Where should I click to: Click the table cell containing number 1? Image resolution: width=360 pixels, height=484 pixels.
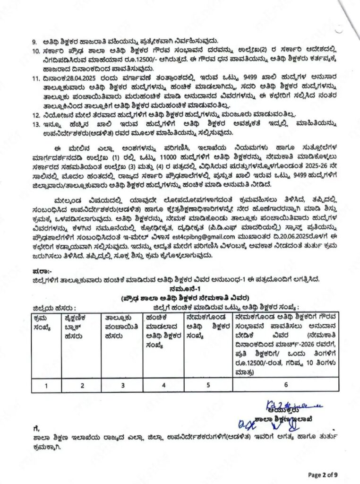pos(46,385)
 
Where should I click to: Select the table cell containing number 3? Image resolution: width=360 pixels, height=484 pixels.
pos(123,385)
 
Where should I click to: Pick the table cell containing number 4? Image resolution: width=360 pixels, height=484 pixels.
pos(163,385)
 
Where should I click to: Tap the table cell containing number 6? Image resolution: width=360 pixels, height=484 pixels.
pos(286,385)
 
